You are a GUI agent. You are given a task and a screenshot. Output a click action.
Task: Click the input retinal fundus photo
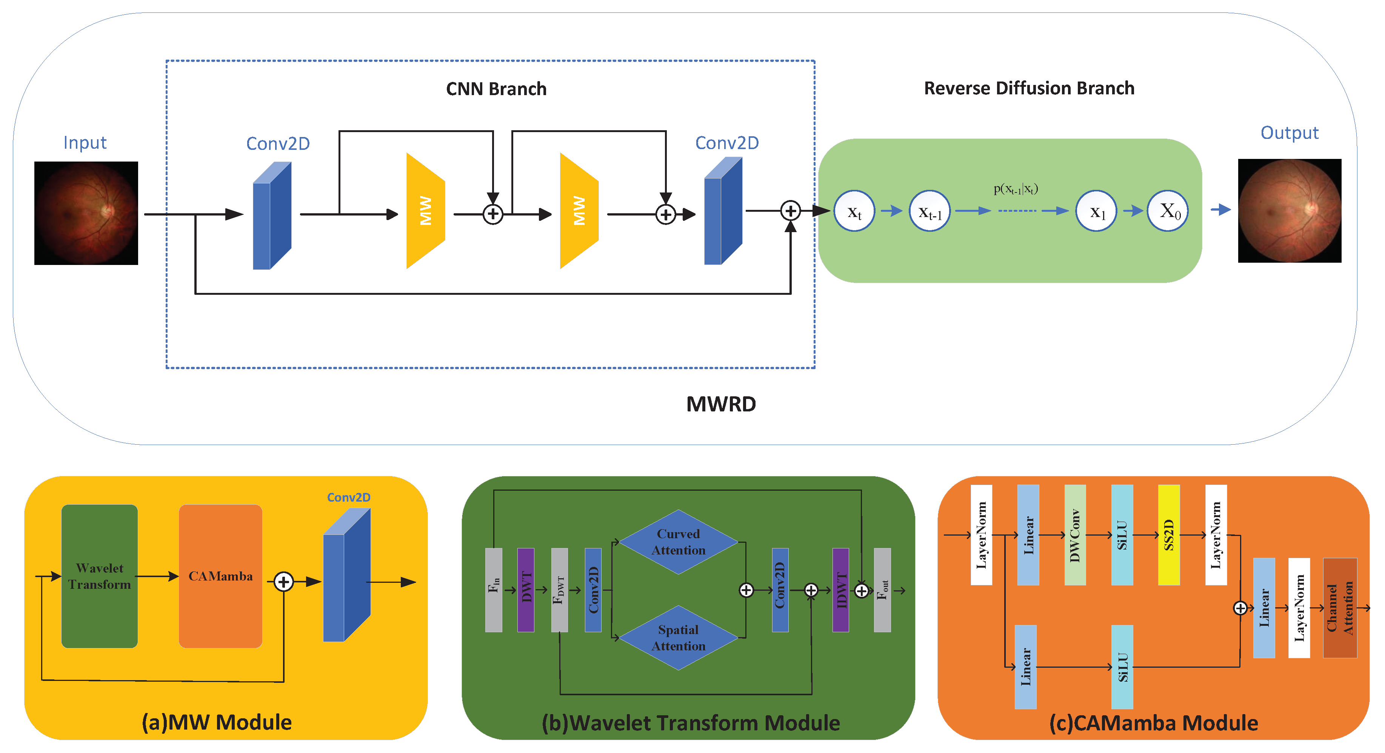pos(86,213)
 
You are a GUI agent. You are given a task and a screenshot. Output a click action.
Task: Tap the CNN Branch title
pos(496,89)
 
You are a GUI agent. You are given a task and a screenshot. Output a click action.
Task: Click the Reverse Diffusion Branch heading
pos(1028,88)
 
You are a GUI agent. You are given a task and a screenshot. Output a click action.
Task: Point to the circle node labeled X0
pos(1167,211)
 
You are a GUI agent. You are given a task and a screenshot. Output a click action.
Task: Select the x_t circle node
pos(854,211)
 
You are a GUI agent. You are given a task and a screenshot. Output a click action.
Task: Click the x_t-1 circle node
pos(929,211)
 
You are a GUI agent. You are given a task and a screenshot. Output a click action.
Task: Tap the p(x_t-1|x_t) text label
pos(1015,189)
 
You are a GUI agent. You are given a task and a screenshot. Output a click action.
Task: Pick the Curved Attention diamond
pos(678,542)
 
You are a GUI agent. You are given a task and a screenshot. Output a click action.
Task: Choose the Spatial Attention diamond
pos(678,638)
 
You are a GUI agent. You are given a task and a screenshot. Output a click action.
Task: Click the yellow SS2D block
pos(1168,534)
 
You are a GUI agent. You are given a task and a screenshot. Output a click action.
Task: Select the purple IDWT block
pos(840,590)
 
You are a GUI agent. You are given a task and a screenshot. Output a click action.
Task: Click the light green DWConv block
pos(1074,534)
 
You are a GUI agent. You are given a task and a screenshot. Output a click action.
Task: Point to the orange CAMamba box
pos(220,576)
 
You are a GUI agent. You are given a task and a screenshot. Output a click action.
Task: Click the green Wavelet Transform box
pos(100,576)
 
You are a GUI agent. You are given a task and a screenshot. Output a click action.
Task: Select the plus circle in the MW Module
pos(283,581)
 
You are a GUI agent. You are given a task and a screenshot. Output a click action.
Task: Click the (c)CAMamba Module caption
pos(1153,723)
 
